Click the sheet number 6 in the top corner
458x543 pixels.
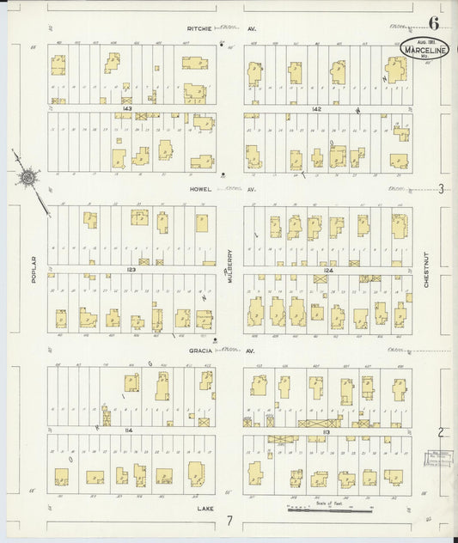pyautogui.click(x=435, y=24)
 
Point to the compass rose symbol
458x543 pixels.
pyautogui.click(x=27, y=178)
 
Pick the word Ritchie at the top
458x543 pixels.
pyautogui.click(x=200, y=28)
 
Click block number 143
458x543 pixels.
pyautogui.click(x=127, y=109)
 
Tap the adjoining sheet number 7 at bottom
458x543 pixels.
pyautogui.click(x=229, y=521)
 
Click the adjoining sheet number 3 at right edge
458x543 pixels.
pyautogui.click(x=441, y=189)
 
